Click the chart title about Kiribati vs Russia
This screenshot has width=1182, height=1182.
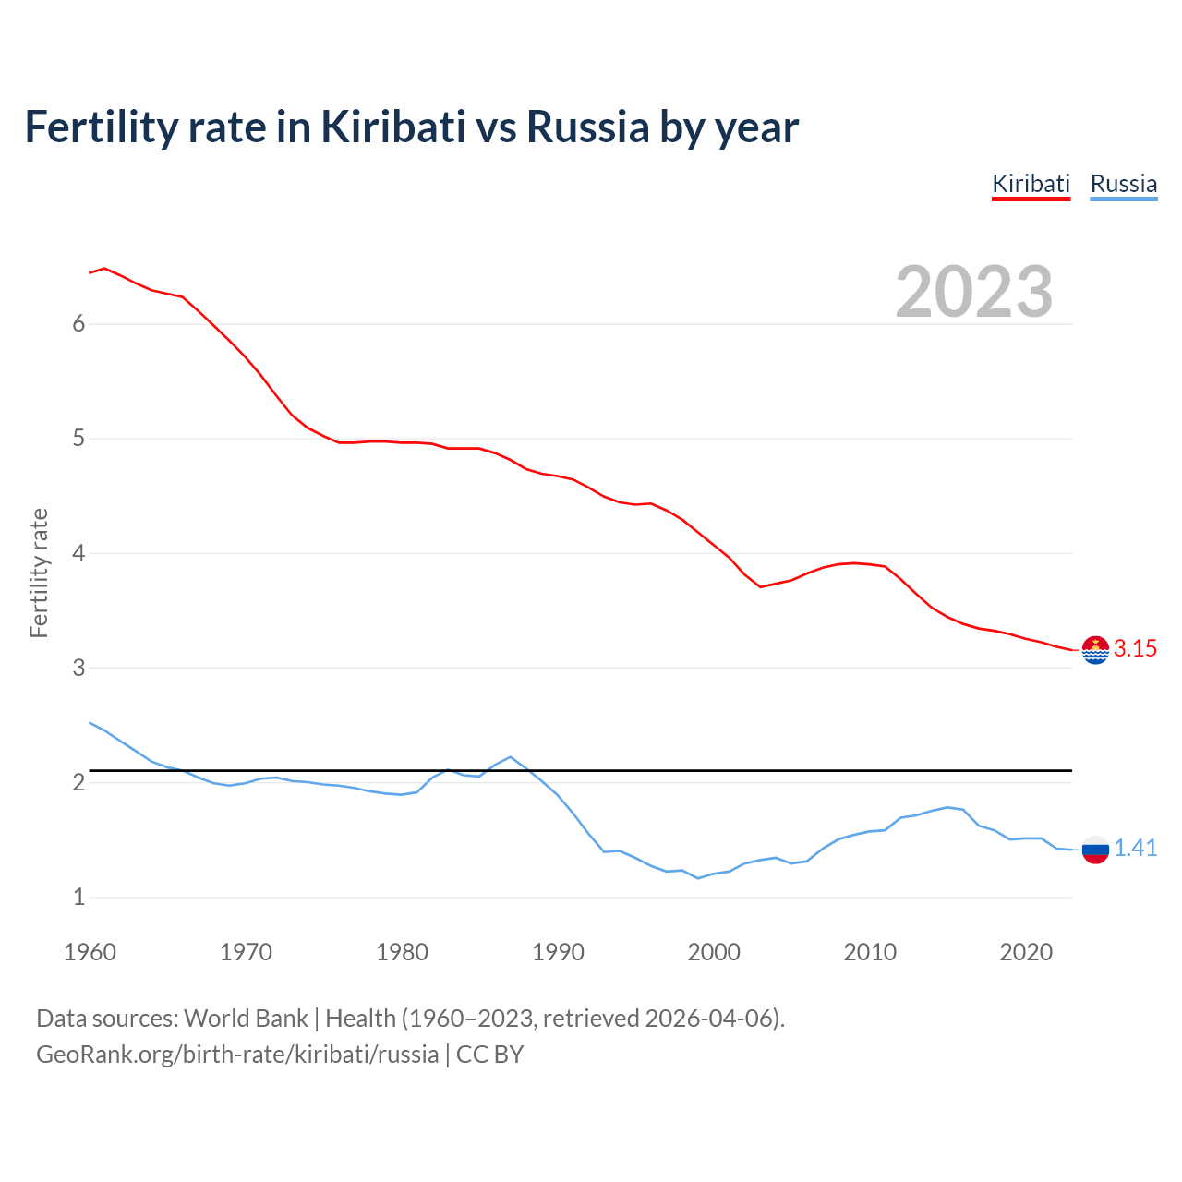coord(411,127)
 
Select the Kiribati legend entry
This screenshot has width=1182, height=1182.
coord(1031,184)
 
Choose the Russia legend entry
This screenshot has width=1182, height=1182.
coord(1123,184)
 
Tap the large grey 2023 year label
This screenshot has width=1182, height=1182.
coord(973,292)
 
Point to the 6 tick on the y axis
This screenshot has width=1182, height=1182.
coord(78,323)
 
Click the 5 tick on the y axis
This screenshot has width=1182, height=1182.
coord(78,438)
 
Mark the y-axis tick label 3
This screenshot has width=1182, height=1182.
coord(78,668)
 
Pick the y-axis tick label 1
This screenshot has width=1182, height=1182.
coord(78,897)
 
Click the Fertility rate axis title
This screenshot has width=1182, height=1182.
coord(39,573)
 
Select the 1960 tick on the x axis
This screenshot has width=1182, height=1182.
coord(90,952)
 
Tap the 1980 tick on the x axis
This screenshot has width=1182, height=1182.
coord(402,952)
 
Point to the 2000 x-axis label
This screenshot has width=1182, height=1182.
coord(714,952)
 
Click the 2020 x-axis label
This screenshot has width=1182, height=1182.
coord(1026,952)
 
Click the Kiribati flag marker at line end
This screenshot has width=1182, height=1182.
coord(1095,650)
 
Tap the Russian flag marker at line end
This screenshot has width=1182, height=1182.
coord(1095,849)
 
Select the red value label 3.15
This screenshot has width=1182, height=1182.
coord(1135,649)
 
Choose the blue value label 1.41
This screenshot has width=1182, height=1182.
coord(1135,849)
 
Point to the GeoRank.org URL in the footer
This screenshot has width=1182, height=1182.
coord(237,1055)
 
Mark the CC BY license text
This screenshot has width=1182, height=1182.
coord(490,1055)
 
